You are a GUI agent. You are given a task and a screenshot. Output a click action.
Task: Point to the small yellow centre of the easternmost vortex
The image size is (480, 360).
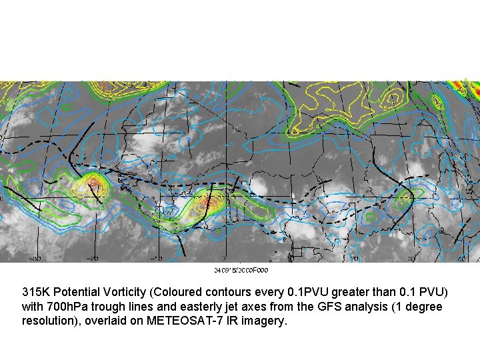coord(405,198)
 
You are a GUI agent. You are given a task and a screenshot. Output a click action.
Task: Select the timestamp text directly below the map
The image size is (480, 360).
coord(241,270)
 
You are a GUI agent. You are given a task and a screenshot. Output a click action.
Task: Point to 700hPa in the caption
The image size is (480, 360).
coord(65,307)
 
